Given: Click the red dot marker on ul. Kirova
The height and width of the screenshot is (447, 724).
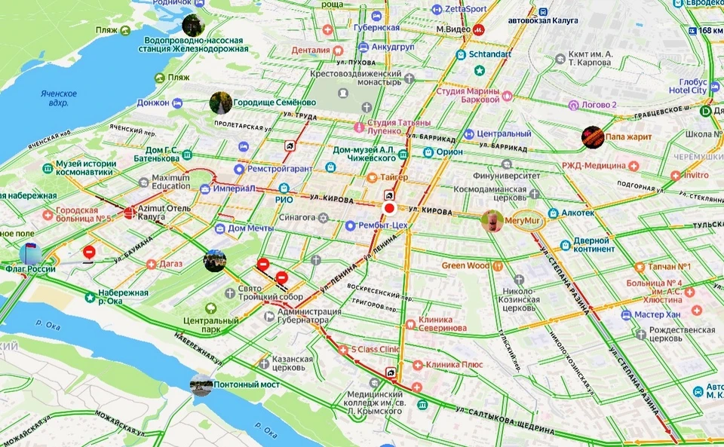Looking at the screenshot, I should tap(389, 209).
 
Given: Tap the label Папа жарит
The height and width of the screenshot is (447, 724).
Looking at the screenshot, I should tap(628, 137).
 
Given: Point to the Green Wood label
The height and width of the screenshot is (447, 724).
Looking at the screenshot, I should tap(465, 265).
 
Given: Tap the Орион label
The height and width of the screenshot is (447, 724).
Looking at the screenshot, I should tap(449, 152).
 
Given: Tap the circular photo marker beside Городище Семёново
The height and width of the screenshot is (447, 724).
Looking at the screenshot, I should tap(220, 103).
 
